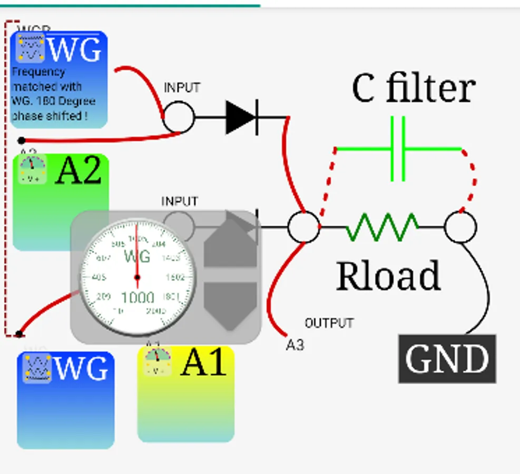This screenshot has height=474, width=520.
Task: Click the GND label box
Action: coord(447,359)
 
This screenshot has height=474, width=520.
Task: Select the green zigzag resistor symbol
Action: coord(382,228)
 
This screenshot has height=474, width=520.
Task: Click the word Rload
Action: coord(388,275)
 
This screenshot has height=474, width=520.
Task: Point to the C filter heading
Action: coord(414,88)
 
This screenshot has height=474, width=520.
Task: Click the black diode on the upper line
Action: coord(241,117)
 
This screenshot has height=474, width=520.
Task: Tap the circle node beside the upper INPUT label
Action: coord(179,117)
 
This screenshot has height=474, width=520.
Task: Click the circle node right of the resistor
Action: coord(460,228)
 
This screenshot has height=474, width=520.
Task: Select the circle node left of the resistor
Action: coord(303,228)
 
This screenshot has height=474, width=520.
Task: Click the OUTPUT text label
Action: coord(329,323)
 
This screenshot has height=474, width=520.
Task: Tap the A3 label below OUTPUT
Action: coord(295,345)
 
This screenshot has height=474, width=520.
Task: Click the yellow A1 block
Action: coord(186,394)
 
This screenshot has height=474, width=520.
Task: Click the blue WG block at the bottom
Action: coord(66,400)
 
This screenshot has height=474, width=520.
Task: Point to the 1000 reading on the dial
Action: coord(138,298)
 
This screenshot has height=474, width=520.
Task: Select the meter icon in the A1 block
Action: coord(157,362)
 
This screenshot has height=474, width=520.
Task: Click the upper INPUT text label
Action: coord(182,87)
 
